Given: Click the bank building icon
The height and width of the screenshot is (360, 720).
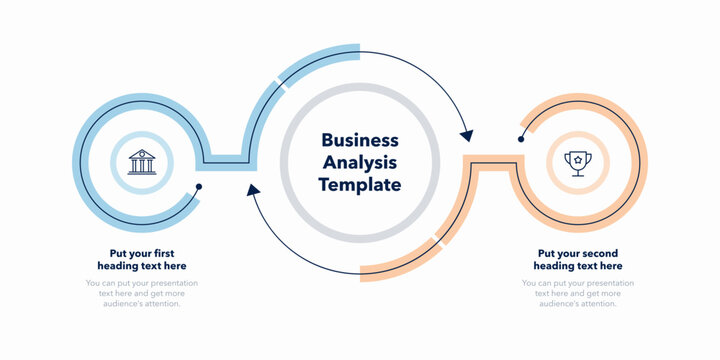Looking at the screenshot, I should click(142, 162).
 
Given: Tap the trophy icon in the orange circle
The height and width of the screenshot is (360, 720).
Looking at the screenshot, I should click(577, 162).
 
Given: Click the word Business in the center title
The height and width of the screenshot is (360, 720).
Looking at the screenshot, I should click(359, 141).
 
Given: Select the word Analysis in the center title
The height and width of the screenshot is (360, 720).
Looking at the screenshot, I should click(359, 163).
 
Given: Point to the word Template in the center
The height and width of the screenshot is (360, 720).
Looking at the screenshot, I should click(359, 185).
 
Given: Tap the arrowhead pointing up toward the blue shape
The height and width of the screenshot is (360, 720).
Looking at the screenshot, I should click(254, 190).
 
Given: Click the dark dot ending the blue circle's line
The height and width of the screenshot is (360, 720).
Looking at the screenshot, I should click(199, 187).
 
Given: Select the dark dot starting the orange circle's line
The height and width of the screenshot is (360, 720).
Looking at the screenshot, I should click(521, 139).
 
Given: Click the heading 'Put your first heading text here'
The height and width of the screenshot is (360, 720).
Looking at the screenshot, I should click(142, 260).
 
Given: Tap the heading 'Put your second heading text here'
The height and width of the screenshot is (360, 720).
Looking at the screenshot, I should click(578, 260).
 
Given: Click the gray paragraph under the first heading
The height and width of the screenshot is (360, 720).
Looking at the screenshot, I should click(142, 293).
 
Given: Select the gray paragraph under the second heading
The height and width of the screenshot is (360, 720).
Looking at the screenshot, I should click(578, 293).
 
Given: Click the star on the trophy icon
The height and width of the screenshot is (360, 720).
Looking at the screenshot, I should click(577, 157).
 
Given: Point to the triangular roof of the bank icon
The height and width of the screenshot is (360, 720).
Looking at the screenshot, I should click(142, 153).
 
